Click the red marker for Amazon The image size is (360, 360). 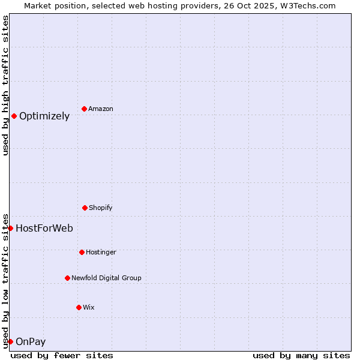pyautogui.click(x=84, y=109)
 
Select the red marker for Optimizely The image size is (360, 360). pyautogui.click(x=14, y=116)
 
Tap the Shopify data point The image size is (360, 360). pyautogui.click(x=85, y=208)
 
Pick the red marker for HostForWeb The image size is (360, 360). pyautogui.click(x=10, y=228)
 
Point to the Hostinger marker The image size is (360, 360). pyautogui.click(x=82, y=252)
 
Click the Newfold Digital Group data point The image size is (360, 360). pyautogui.click(x=67, y=278)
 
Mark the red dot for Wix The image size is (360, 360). pyautogui.click(x=79, y=307)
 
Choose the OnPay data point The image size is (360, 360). pyautogui.click(x=10, y=341)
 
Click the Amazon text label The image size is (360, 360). pyautogui.click(x=101, y=109)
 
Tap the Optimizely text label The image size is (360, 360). pyautogui.click(x=44, y=116)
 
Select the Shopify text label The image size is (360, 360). pyautogui.click(x=101, y=208)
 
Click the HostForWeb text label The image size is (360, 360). pyautogui.click(x=44, y=228)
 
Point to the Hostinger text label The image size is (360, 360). pyautogui.click(x=101, y=252)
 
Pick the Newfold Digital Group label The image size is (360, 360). pyautogui.click(x=106, y=278)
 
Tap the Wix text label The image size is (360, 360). pyautogui.click(x=89, y=307)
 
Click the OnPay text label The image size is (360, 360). pyautogui.click(x=31, y=342)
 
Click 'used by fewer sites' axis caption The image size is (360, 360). pyautogui.click(x=62, y=355)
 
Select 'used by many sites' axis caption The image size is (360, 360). pyautogui.click(x=301, y=355)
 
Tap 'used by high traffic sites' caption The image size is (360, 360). pyautogui.click(x=5, y=85)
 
